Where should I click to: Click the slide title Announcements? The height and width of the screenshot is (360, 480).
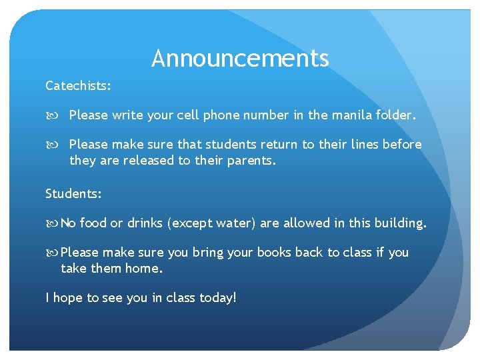(240, 59)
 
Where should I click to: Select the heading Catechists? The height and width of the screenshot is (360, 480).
(78, 86)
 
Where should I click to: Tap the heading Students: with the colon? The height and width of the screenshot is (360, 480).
(73, 194)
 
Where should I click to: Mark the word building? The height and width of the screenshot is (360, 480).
(401, 223)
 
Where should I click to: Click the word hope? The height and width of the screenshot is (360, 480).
(67, 298)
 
